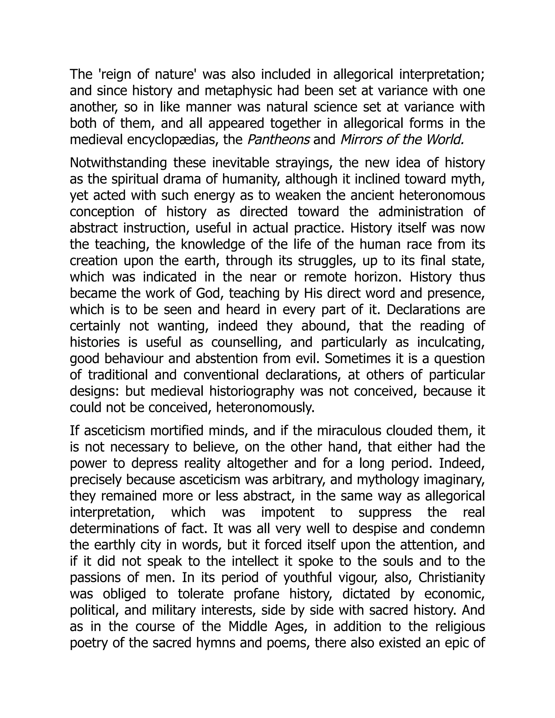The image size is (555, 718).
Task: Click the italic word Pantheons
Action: (x=278, y=140)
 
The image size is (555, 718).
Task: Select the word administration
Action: (x=421, y=212)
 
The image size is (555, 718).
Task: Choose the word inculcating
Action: (x=451, y=342)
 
